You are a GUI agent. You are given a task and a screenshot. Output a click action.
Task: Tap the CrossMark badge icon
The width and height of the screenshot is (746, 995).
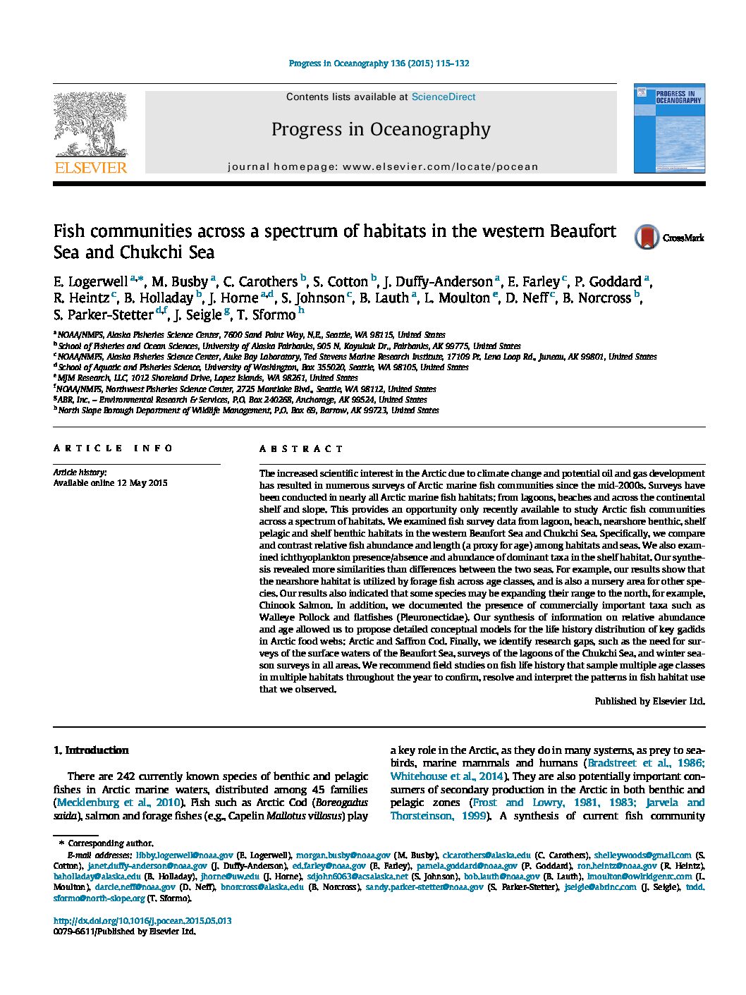(x=647, y=238)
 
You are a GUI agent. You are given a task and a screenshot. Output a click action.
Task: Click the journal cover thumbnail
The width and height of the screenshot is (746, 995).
(x=668, y=128)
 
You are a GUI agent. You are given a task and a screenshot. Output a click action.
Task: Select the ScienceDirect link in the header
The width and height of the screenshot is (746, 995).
(x=444, y=97)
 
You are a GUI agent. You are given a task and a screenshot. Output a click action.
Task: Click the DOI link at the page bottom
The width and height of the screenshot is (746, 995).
(x=142, y=920)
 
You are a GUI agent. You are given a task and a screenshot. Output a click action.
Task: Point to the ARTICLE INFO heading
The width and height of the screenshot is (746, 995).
(x=113, y=448)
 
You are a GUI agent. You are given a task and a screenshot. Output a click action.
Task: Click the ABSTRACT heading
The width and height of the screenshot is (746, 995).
(x=301, y=448)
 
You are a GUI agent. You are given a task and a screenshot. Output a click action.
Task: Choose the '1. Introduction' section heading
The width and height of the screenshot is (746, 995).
(x=91, y=750)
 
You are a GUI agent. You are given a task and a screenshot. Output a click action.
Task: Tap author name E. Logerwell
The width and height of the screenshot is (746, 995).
(x=91, y=282)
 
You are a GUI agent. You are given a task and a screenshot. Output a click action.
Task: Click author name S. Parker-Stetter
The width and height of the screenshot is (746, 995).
(x=103, y=315)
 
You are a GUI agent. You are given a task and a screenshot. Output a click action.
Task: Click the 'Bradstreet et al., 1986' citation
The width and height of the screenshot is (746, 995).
(x=645, y=763)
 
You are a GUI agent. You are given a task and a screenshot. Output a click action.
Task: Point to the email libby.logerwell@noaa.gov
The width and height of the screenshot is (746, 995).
(x=184, y=855)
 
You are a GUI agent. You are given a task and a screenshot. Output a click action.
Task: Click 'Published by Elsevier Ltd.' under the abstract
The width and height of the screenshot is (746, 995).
(x=649, y=702)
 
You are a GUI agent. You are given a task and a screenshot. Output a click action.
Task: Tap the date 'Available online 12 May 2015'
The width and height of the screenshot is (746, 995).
(x=111, y=484)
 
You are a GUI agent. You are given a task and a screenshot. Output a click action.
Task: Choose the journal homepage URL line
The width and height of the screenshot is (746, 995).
(x=383, y=167)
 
